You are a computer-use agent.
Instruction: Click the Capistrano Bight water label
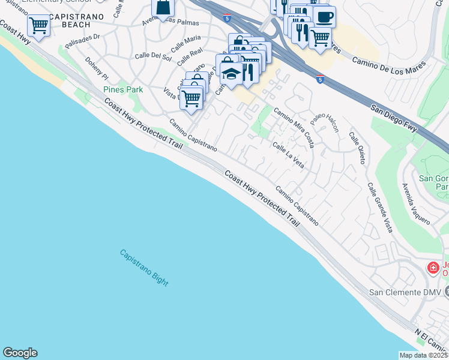pos(144,268)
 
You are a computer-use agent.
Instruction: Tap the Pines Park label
pos(123,89)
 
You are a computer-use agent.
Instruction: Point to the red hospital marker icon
pos(432,268)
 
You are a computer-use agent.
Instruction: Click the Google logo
pos(20,353)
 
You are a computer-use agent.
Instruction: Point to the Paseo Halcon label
pos(325,124)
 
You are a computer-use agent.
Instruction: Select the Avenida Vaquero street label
pos(416,203)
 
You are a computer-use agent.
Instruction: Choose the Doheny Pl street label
pos(96,70)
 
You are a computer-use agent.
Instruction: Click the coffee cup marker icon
pos(324,16)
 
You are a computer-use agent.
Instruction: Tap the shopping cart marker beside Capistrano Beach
pos(38,26)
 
